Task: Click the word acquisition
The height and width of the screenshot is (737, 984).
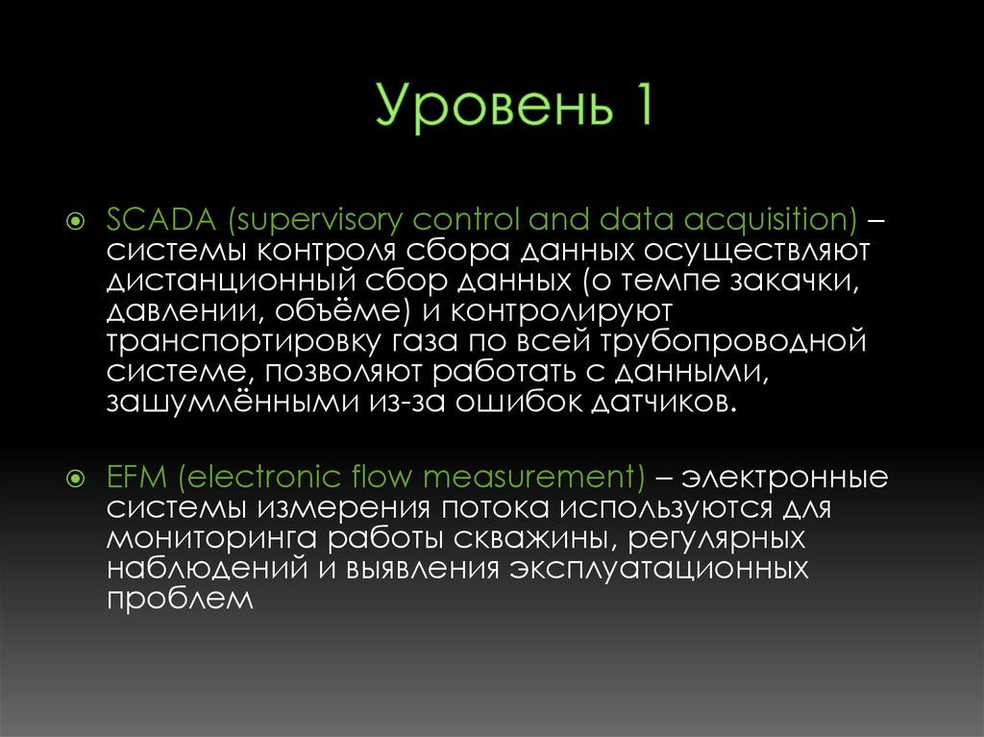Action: point(770,220)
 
